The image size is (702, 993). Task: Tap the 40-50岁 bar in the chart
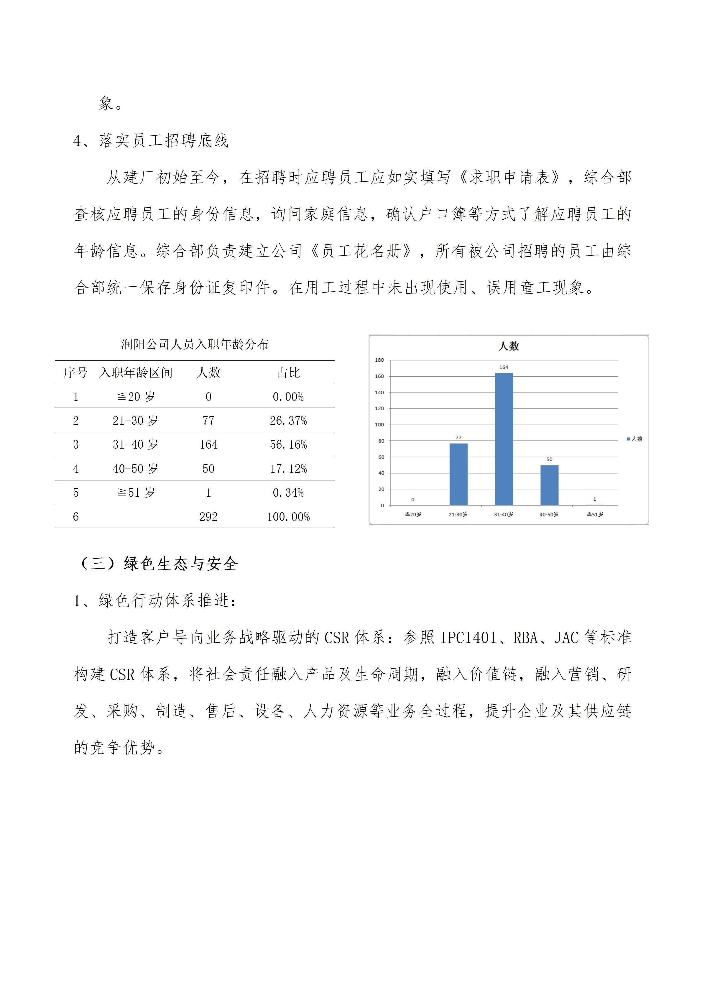pyautogui.click(x=549, y=485)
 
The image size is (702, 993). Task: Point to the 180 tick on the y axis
pyautogui.click(x=379, y=360)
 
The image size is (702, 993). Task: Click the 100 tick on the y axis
pyautogui.click(x=379, y=425)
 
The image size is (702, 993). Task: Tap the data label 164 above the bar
pyautogui.click(x=504, y=367)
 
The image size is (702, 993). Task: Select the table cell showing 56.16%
pyautogui.click(x=288, y=445)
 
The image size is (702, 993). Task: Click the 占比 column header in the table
pyautogui.click(x=288, y=373)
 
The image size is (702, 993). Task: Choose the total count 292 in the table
pyautogui.click(x=208, y=517)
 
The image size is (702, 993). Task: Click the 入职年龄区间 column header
pyautogui.click(x=136, y=373)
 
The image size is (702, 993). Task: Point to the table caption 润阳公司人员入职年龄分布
pyautogui.click(x=195, y=345)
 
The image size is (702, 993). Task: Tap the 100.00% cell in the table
pyautogui.click(x=288, y=517)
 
